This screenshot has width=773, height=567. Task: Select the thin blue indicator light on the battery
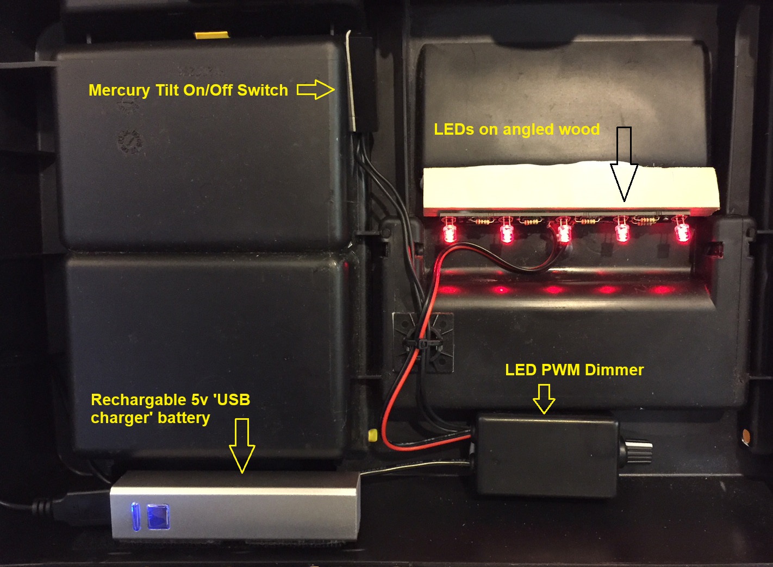[135, 516]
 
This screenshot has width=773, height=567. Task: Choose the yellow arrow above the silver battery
[242, 445]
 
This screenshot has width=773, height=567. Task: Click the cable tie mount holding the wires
[423, 342]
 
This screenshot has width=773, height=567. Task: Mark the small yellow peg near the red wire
[373, 435]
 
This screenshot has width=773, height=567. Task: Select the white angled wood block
[571, 187]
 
